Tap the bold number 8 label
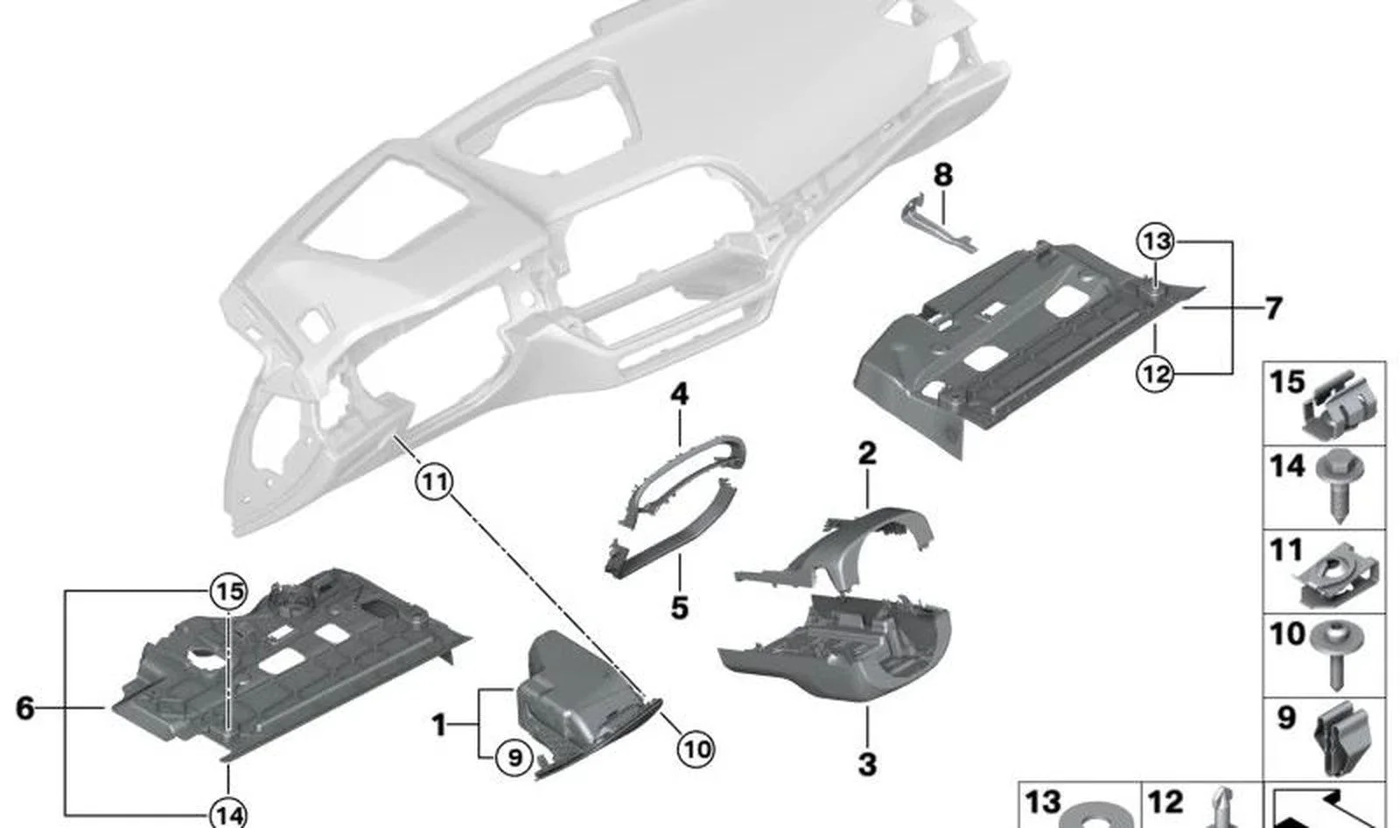click(x=943, y=175)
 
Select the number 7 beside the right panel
click(x=1273, y=308)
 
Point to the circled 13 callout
click(x=1156, y=241)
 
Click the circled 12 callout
click(x=1155, y=374)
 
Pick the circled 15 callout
click(x=228, y=591)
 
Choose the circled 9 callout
click(x=514, y=757)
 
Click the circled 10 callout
click(x=696, y=748)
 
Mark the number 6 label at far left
click(x=25, y=709)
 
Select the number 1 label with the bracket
click(x=439, y=726)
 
